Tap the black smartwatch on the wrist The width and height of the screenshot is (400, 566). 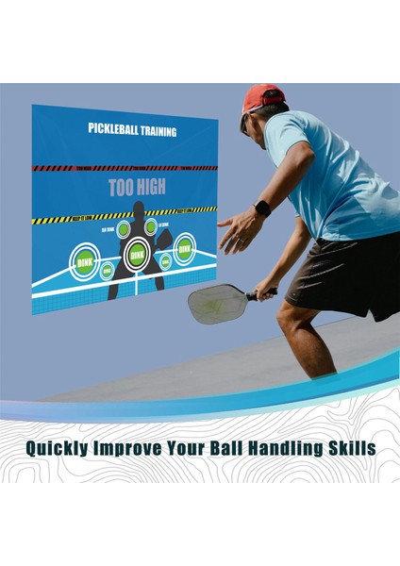click(262, 209)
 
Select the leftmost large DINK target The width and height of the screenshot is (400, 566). click(86, 259)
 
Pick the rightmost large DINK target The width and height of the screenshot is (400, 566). click(184, 247)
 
